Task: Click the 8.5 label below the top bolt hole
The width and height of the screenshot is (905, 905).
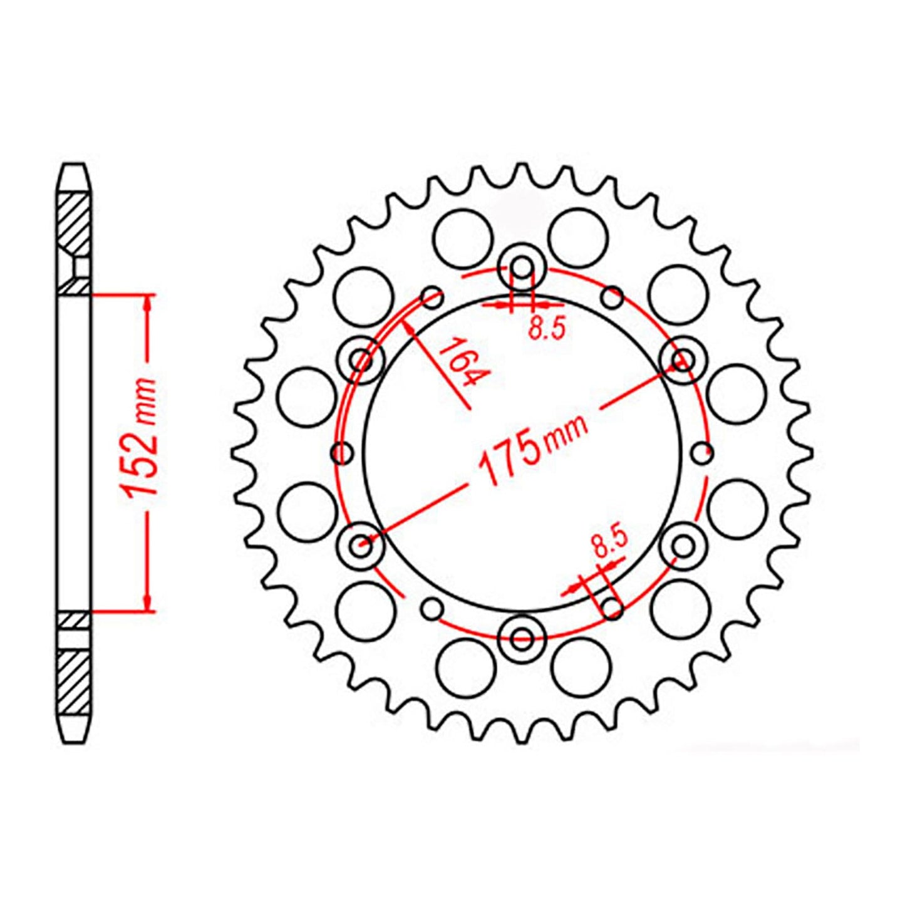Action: [547, 328]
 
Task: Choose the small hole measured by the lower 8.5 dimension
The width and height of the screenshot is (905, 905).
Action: [611, 608]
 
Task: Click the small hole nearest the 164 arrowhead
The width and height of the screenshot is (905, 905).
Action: [432, 297]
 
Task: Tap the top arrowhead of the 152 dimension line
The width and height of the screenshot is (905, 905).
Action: [147, 302]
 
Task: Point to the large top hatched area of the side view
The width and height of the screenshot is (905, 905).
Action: [74, 222]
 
